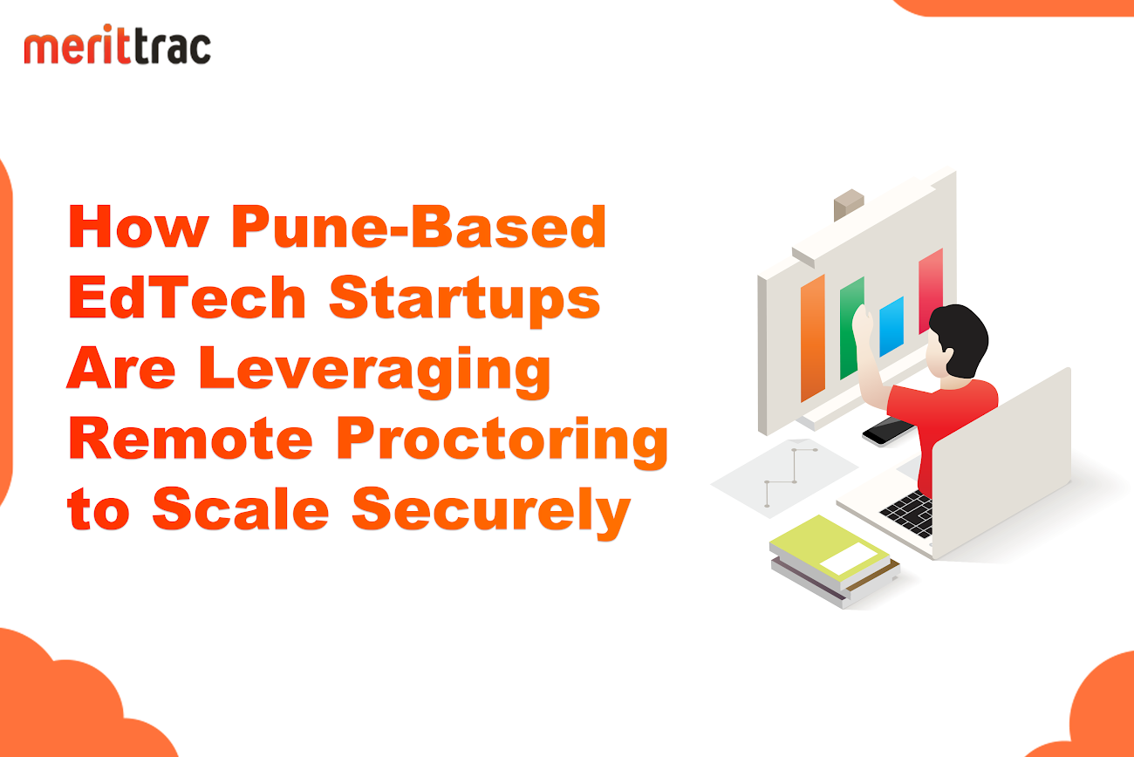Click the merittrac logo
pyautogui.click(x=118, y=44)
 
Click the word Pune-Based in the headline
pyautogui.click(x=419, y=227)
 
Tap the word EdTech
pyautogui.click(x=187, y=297)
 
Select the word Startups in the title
pyautogui.click(x=464, y=301)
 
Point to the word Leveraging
pyautogui.click(x=374, y=372)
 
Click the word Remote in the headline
pyautogui.click(x=190, y=438)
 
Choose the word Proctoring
pyautogui.click(x=502, y=442)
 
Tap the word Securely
pyautogui.click(x=491, y=512)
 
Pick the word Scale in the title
pyautogui.click(x=241, y=508)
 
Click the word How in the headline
pyautogui.click(x=139, y=227)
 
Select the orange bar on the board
pyautogui.click(x=812, y=338)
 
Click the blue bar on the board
pyautogui.click(x=891, y=326)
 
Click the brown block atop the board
pyautogui.click(x=849, y=203)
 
